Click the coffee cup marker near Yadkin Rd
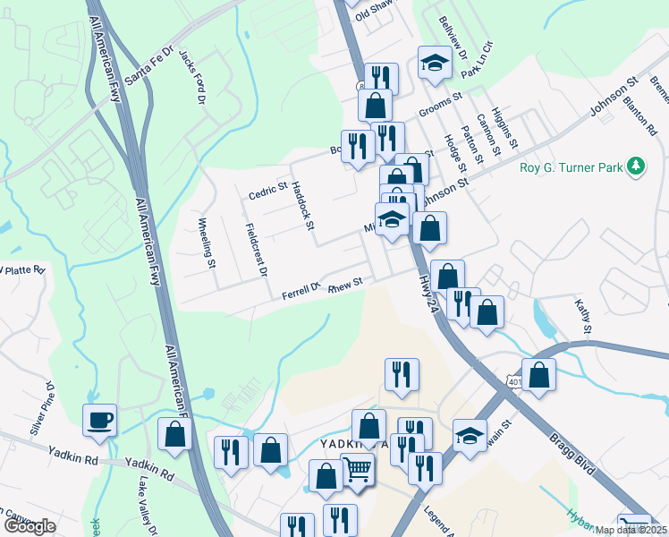[x=99, y=419]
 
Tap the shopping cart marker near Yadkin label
[x=357, y=468]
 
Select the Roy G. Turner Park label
[x=572, y=166]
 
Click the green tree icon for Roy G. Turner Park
[x=636, y=166]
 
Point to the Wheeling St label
[x=207, y=243]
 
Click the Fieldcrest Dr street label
[x=256, y=247]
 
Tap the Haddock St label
[x=303, y=206]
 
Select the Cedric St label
[x=267, y=191]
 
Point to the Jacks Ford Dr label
[x=191, y=75]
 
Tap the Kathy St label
[x=583, y=317]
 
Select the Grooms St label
[x=439, y=103]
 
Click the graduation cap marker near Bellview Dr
[x=435, y=62]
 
